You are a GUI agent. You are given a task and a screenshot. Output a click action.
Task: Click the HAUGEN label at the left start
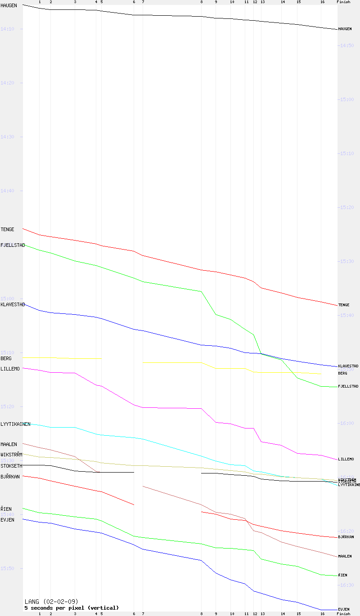tap(9, 5)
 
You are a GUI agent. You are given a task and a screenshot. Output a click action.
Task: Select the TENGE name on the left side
tap(7, 229)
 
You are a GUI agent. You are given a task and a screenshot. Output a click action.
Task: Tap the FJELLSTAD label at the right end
tap(348, 386)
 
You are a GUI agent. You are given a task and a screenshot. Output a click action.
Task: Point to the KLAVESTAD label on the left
tap(12, 304)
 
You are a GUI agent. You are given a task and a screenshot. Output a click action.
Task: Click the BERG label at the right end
tap(342, 373)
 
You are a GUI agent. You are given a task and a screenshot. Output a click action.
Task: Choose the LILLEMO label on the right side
tap(346, 459)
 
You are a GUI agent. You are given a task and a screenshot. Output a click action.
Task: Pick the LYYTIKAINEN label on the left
tap(15, 424)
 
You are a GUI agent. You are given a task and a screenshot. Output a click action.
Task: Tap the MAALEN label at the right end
tap(345, 556)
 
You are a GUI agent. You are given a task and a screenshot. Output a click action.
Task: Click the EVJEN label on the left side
tap(7, 520)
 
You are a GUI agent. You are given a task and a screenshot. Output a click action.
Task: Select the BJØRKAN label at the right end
tap(346, 537)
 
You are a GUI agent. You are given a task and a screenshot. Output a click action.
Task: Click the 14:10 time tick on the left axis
tap(8, 29)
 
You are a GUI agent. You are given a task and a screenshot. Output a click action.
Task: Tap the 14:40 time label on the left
tap(8, 191)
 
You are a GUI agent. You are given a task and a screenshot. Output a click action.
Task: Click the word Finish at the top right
tap(343, 2)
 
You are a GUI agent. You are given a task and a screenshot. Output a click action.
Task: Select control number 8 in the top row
tap(201, 2)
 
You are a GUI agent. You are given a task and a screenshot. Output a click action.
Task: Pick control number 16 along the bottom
tap(322, 614)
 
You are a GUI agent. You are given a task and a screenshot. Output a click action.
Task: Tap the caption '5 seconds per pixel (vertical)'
tap(72, 607)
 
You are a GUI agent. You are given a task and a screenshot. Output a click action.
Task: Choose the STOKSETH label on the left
tap(11, 466)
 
